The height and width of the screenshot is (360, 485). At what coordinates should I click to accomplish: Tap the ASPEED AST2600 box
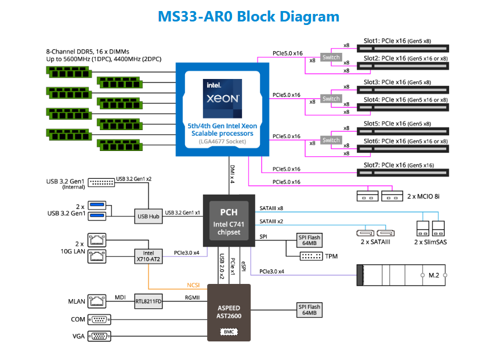click(229, 312)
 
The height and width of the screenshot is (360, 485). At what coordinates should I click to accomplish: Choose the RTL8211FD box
click(147, 300)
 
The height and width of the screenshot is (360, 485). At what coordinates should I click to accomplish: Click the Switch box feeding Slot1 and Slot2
click(331, 57)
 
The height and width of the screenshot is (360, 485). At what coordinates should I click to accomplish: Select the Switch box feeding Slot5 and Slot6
click(331, 140)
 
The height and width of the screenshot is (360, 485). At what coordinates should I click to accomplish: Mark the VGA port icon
click(99, 336)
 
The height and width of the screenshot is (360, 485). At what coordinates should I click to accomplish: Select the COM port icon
click(99, 319)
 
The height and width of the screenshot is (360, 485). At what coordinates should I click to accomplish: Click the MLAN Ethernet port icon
click(96, 300)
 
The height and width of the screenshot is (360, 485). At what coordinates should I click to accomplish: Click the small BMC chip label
click(229, 332)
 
